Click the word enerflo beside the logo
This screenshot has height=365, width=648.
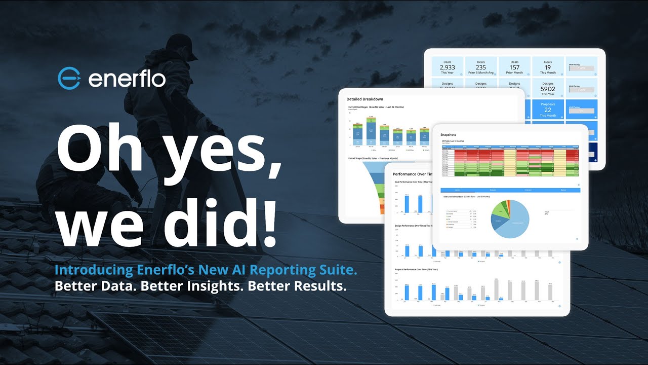127,79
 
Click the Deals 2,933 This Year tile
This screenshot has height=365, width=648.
447,66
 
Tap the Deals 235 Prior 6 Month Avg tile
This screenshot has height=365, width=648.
480,66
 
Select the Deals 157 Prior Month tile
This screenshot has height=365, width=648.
514,66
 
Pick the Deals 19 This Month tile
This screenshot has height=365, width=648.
548,66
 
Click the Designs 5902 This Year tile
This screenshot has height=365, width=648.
548,89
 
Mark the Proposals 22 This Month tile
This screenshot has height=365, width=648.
548,109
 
